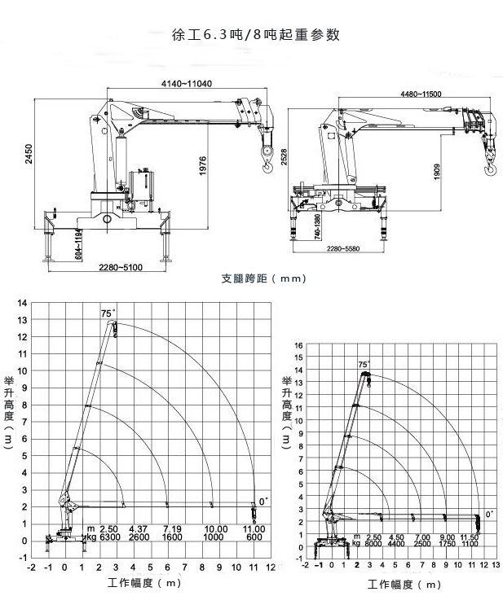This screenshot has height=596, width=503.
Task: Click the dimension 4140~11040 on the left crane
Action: tap(187, 83)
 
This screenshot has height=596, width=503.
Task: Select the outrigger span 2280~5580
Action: tap(341, 248)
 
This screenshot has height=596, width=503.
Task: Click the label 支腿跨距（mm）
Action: tap(263, 278)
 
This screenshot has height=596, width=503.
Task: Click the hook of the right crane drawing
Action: tap(491, 170)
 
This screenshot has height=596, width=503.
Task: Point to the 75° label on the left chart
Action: tap(108, 313)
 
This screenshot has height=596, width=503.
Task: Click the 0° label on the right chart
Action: tap(489, 514)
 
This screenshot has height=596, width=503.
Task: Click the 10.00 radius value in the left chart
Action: tap(215, 529)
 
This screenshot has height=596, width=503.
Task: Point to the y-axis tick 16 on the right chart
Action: tap(298, 345)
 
